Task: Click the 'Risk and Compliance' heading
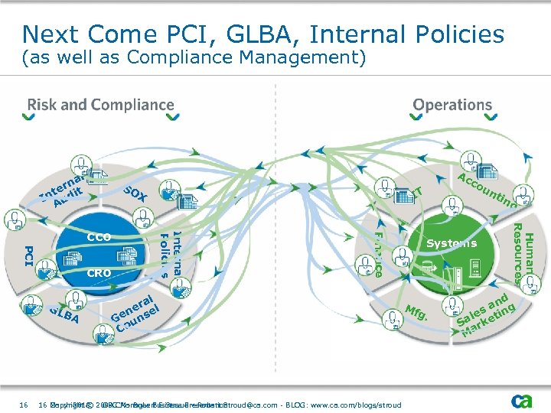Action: pos(101,106)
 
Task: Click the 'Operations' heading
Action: pos(452,106)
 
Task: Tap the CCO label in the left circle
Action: pos(99,237)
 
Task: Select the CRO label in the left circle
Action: pos(99,273)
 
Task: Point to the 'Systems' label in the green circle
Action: pos(452,243)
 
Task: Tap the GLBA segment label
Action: pos(64,314)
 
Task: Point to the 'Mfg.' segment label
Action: pos(416,313)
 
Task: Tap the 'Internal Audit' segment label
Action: pos(65,192)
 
